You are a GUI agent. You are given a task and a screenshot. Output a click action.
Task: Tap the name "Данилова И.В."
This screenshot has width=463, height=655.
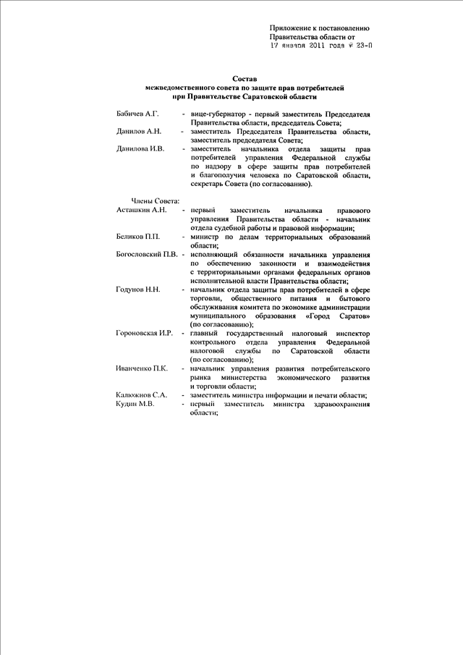[x=140, y=148]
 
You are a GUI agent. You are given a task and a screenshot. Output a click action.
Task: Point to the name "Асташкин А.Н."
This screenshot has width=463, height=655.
[x=141, y=209]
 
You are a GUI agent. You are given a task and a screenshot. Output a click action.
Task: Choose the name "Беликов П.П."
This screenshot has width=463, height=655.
[x=137, y=237]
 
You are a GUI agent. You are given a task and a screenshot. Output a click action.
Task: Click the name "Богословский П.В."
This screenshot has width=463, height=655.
[x=146, y=255]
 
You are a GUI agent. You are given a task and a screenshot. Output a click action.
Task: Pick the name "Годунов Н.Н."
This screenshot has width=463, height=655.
[x=137, y=289]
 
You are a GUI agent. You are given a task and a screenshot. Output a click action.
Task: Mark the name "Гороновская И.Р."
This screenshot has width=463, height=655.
[x=144, y=333]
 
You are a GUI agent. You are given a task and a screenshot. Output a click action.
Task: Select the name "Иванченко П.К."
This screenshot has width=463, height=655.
[x=142, y=368]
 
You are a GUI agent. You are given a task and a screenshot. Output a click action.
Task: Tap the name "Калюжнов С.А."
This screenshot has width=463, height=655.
[x=141, y=395]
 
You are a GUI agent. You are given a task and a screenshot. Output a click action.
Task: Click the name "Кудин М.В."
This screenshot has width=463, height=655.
[x=135, y=404]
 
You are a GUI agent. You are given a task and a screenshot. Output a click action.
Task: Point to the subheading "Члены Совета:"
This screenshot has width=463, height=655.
[x=155, y=200]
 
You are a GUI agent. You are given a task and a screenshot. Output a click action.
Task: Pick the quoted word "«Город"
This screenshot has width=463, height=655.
[x=320, y=316]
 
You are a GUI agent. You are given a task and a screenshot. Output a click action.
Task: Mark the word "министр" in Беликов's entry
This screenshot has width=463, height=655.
[x=205, y=237]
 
